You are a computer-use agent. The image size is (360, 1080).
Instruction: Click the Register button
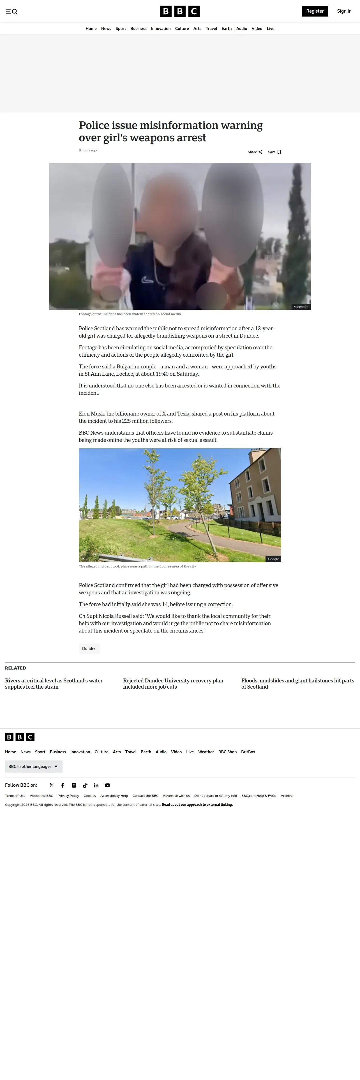tap(315, 11)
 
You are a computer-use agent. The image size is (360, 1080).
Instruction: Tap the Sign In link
tap(344, 11)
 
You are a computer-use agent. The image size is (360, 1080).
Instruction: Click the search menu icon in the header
tap(11, 11)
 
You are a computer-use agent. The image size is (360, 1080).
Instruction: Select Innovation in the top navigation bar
tap(160, 29)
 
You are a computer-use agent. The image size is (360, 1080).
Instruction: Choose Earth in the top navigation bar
tap(226, 29)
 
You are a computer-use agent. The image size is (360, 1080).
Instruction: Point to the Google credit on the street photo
tap(273, 559)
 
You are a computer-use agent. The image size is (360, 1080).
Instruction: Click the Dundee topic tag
tap(89, 649)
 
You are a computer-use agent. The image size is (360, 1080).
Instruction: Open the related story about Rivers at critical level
tap(54, 683)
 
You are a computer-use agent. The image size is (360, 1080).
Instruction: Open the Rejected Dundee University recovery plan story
tap(173, 683)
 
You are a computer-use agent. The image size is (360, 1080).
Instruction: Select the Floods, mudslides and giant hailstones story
tap(297, 683)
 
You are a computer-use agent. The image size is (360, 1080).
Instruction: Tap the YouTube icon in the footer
tap(107, 785)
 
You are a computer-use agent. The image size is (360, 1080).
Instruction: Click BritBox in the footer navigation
tap(248, 752)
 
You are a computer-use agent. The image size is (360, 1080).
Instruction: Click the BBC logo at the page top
tap(180, 11)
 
